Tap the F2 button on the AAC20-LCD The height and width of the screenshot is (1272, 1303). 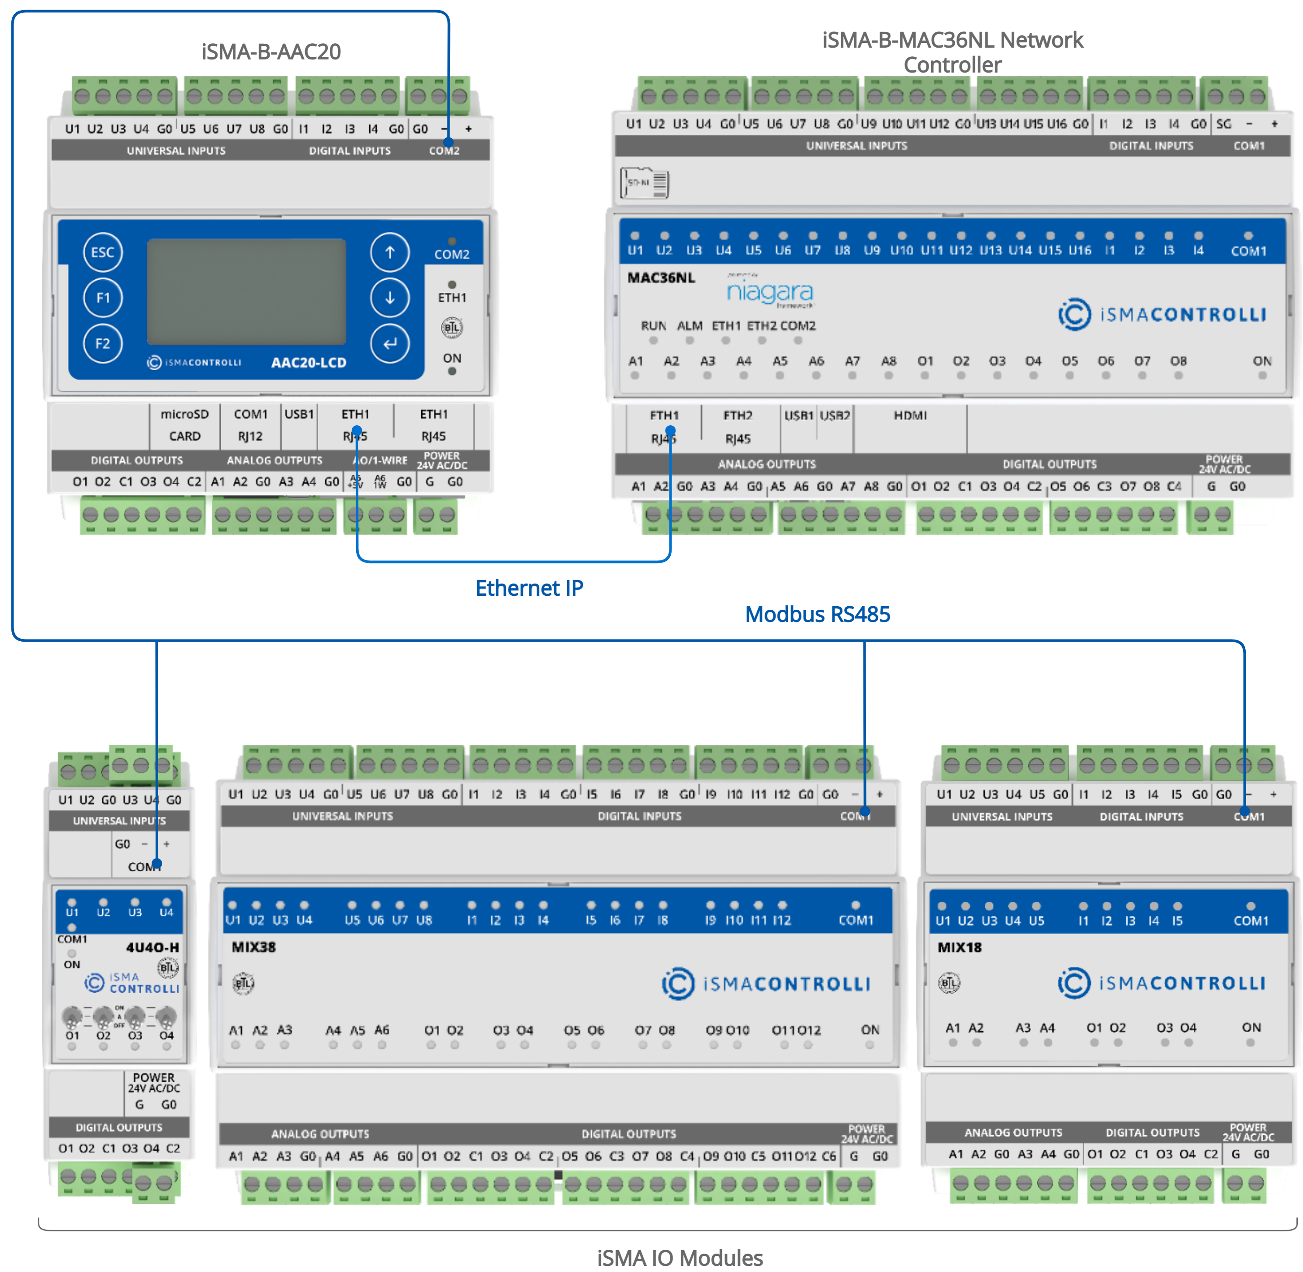pos(103,344)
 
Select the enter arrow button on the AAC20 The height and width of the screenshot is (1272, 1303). pos(389,344)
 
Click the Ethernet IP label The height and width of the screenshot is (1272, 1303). pos(529,588)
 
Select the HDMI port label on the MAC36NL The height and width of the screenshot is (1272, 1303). pos(910,416)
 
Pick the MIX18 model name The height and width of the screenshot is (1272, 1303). pos(959,947)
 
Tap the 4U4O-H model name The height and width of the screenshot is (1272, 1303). pos(152,947)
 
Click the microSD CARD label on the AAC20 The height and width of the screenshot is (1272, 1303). pos(184,425)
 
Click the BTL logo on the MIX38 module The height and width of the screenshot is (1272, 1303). pos(243,983)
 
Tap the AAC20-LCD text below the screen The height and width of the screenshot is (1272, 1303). pos(308,363)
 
